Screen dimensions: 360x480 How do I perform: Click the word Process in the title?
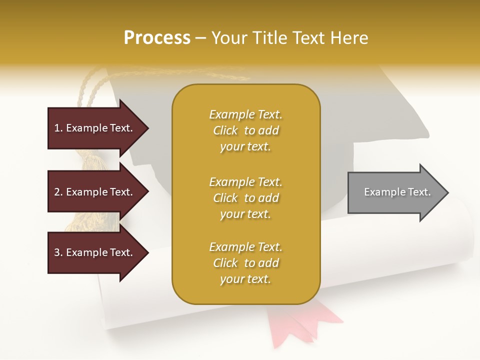pos(157,38)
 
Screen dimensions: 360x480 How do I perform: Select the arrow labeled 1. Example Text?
pos(95,128)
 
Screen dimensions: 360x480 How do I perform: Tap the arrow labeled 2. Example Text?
pos(95,192)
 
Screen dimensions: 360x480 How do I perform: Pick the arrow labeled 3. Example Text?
pos(95,252)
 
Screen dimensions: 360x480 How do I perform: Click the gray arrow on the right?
pos(395,192)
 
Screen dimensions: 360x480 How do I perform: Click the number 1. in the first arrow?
pos(58,128)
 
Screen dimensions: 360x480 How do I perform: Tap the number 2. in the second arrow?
pos(58,192)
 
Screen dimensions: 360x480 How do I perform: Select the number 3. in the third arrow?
pos(58,252)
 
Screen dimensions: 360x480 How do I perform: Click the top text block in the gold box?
pos(245,130)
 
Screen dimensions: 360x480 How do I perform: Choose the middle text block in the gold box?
pos(245,198)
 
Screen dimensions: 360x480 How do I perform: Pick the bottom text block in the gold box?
pos(245,263)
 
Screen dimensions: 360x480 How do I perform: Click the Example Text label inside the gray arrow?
pos(397,192)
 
